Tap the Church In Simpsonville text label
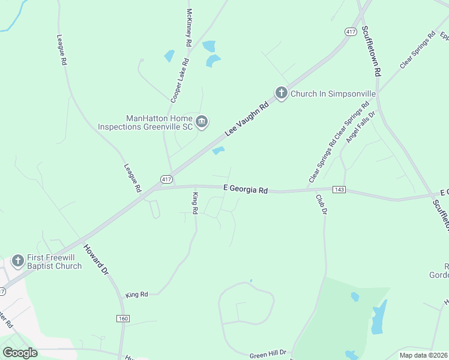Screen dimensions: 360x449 333,94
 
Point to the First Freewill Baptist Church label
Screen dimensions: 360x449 55,262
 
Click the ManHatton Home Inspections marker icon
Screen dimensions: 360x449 202,122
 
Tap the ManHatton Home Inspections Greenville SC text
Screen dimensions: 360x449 158,122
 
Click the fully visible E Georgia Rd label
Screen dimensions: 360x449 245,189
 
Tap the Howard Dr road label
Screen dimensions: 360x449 95,259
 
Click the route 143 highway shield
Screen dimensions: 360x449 339,190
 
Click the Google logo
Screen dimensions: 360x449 20,353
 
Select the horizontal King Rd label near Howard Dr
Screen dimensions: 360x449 137,295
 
